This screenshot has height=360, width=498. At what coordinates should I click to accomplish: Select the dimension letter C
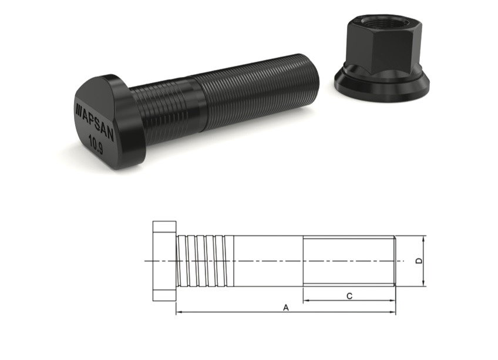tap(349, 296)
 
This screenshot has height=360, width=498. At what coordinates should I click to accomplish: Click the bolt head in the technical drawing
tap(164, 261)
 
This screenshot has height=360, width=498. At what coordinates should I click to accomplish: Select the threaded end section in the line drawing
tap(349, 261)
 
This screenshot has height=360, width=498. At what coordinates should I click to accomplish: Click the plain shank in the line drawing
tap(267, 261)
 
